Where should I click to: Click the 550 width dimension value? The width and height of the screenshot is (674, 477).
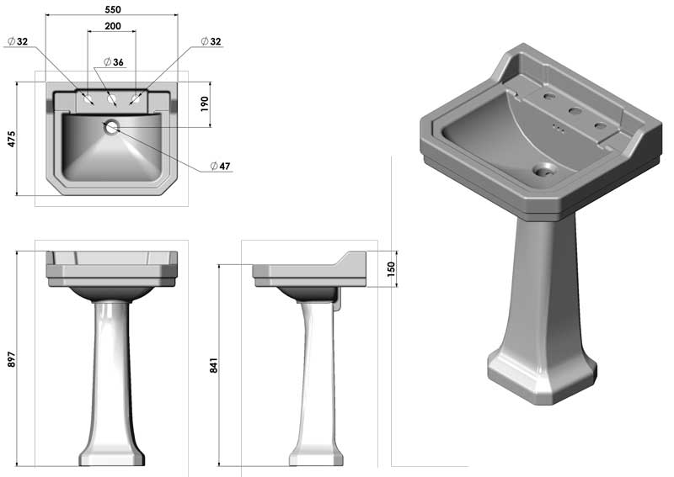(x=113, y=9)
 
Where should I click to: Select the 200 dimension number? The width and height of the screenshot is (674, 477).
(x=113, y=26)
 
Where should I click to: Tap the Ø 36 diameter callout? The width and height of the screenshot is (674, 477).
(x=114, y=62)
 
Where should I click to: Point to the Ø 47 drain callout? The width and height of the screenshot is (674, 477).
(x=221, y=166)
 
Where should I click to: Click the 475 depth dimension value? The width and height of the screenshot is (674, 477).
(x=11, y=139)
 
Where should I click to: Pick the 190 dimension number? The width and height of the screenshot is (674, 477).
(x=204, y=104)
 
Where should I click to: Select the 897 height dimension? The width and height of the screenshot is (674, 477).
(x=11, y=359)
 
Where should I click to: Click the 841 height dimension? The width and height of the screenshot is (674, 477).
(x=214, y=365)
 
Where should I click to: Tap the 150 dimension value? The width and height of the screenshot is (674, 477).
(x=391, y=269)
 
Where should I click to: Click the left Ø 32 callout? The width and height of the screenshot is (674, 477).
(x=18, y=41)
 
